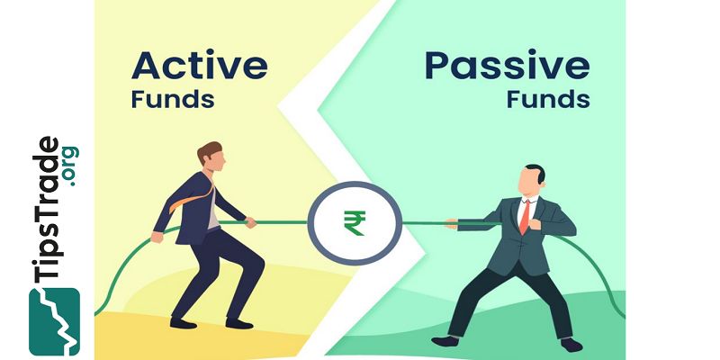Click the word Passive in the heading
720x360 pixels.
pos(508,65)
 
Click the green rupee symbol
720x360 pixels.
pos(354,220)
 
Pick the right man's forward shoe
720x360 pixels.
pos(445,340)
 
